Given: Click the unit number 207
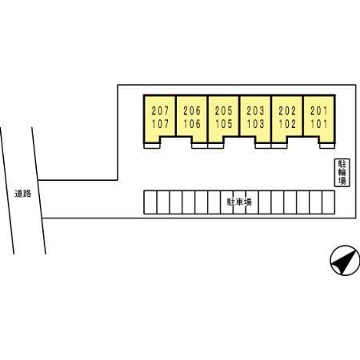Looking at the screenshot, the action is pos(160,110).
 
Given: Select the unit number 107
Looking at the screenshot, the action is pos(160,124).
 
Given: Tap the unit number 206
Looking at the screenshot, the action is pos(192,110).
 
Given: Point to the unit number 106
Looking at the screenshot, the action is pos(192,124).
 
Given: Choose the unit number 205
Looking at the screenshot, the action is pos(224,110).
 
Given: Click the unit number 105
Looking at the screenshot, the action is pos(224,124).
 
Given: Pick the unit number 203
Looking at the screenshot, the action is pos(255,110).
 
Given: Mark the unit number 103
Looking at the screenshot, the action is pos(255,124).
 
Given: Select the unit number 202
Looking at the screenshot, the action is pos(287,110).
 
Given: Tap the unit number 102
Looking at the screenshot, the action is pos(287,124).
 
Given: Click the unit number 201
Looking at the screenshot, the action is pos(319,110).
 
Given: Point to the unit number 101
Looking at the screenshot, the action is pos(319,124).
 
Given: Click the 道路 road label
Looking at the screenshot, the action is pos(23,194).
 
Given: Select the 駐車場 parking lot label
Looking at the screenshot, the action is pos(239,202).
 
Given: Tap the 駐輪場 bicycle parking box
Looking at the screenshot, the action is pos(342,173).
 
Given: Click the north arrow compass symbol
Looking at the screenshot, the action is pos(345,260).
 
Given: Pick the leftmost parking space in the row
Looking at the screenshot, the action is pos(150,202).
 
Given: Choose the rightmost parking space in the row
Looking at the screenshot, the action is pos(329,202).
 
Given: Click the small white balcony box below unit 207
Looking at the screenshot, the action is pos(152,146).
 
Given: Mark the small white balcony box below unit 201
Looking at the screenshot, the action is pos(327,146).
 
